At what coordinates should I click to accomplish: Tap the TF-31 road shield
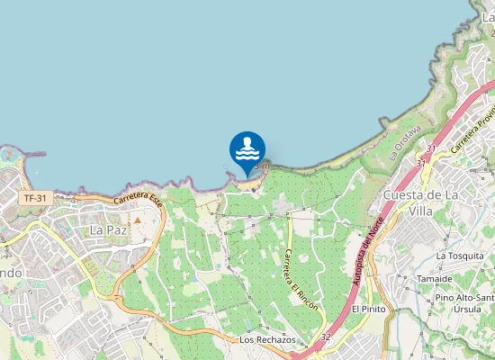34,197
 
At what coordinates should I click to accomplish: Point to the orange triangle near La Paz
139,219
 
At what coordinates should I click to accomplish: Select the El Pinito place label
368,309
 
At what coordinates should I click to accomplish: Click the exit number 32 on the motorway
325,337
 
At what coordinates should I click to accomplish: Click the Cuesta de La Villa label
422,203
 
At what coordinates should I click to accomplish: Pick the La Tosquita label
459,256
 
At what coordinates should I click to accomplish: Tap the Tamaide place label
435,279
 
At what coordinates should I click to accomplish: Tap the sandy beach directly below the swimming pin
245,177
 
